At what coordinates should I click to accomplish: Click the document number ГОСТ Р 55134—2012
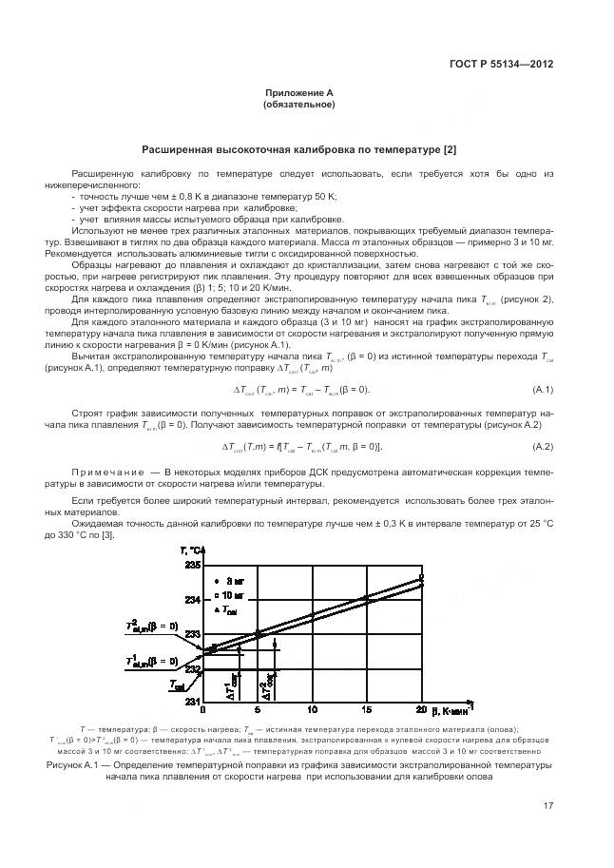click(501, 64)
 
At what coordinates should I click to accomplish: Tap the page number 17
click(548, 807)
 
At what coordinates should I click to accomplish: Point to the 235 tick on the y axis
click(193, 565)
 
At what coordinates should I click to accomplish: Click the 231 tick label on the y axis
click(193, 701)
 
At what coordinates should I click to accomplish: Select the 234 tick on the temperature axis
click(193, 599)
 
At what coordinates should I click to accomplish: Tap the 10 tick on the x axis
click(313, 710)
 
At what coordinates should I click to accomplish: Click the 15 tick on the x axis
click(367, 710)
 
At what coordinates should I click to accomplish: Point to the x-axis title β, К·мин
click(454, 709)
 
